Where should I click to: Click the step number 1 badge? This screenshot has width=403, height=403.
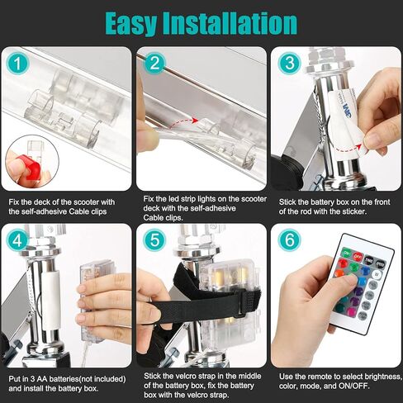point(17,64)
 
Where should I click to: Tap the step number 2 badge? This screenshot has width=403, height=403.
point(154,64)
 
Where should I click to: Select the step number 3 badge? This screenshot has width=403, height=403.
point(289,63)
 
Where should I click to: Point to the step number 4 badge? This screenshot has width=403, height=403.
point(17,240)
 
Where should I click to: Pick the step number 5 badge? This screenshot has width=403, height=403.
point(154,239)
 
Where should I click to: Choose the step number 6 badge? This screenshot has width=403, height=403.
point(289,239)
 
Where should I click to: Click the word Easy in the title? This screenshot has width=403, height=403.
point(131,24)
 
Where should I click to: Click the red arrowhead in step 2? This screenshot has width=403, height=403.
point(195,121)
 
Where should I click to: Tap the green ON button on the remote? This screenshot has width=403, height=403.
point(347,253)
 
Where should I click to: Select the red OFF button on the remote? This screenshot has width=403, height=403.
point(358,257)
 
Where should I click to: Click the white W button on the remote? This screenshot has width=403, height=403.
point(377,274)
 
